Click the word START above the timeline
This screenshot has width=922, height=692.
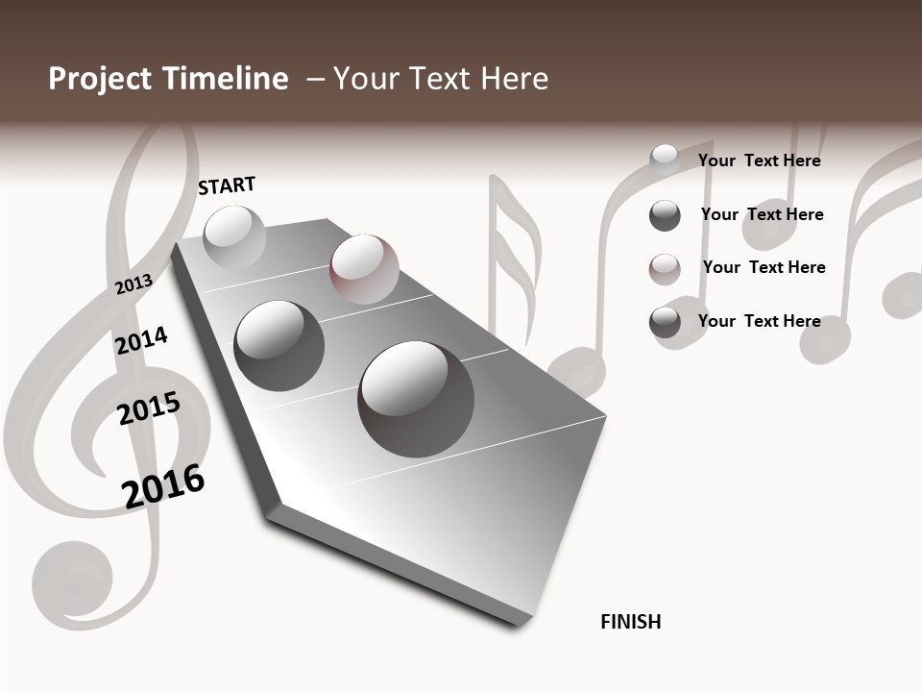pyautogui.click(x=227, y=185)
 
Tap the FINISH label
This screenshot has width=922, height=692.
pyautogui.click(x=630, y=622)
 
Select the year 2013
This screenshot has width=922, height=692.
pyautogui.click(x=133, y=284)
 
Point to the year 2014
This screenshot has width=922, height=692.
pyautogui.click(x=141, y=340)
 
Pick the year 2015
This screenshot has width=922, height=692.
pyautogui.click(x=148, y=409)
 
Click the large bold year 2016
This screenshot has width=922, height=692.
pyautogui.click(x=163, y=486)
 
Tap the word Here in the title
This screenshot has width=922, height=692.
pyautogui.click(x=515, y=79)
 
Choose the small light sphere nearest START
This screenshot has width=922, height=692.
pyautogui.click(x=234, y=236)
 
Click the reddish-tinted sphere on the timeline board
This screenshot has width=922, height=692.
pyautogui.click(x=363, y=268)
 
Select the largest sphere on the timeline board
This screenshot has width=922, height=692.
pyautogui.click(x=416, y=398)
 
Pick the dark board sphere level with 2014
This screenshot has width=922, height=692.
pyautogui.click(x=279, y=345)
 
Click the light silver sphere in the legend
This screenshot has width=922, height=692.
pyautogui.click(x=665, y=161)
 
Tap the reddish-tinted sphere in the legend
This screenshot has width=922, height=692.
pyautogui.click(x=665, y=268)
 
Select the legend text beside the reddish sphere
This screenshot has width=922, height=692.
pyautogui.click(x=764, y=267)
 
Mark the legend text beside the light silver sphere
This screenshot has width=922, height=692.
pyautogui.click(x=759, y=161)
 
